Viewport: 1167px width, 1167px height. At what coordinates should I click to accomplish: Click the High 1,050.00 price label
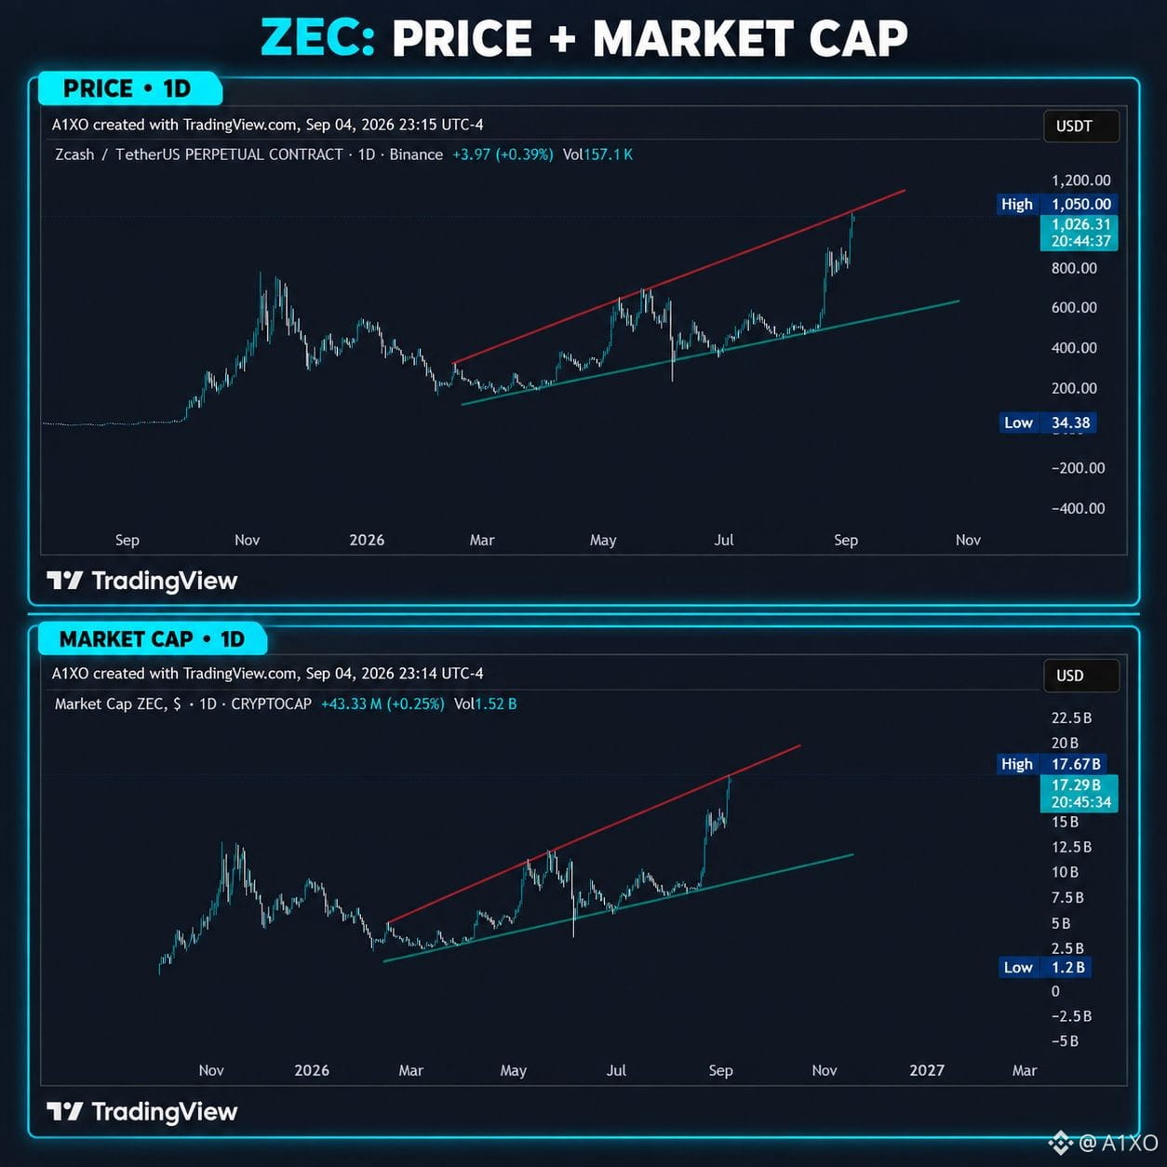(x=1056, y=204)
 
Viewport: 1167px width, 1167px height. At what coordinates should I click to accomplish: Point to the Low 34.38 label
(x=1047, y=423)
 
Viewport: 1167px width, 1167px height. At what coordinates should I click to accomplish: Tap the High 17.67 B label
(x=1051, y=764)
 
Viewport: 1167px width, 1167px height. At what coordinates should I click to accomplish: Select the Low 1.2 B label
(x=1045, y=967)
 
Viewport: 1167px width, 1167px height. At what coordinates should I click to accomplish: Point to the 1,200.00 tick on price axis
(x=1081, y=181)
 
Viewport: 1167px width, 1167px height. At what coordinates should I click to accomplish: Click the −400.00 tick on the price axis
(x=1078, y=508)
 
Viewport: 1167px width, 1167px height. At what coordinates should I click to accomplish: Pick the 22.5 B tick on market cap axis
(x=1071, y=718)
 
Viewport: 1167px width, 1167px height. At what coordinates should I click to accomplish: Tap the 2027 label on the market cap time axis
(x=927, y=1070)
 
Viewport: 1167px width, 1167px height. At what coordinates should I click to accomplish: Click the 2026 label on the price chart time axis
(x=367, y=540)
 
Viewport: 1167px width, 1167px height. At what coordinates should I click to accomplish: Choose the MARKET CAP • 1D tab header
(x=152, y=639)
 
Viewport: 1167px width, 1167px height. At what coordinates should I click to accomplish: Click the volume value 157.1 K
(x=608, y=154)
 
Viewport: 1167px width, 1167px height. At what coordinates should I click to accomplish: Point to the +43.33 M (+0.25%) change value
(x=382, y=704)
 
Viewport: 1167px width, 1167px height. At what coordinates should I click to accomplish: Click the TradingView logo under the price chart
(x=142, y=581)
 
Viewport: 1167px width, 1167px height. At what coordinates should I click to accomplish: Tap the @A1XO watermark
(x=1104, y=1143)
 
